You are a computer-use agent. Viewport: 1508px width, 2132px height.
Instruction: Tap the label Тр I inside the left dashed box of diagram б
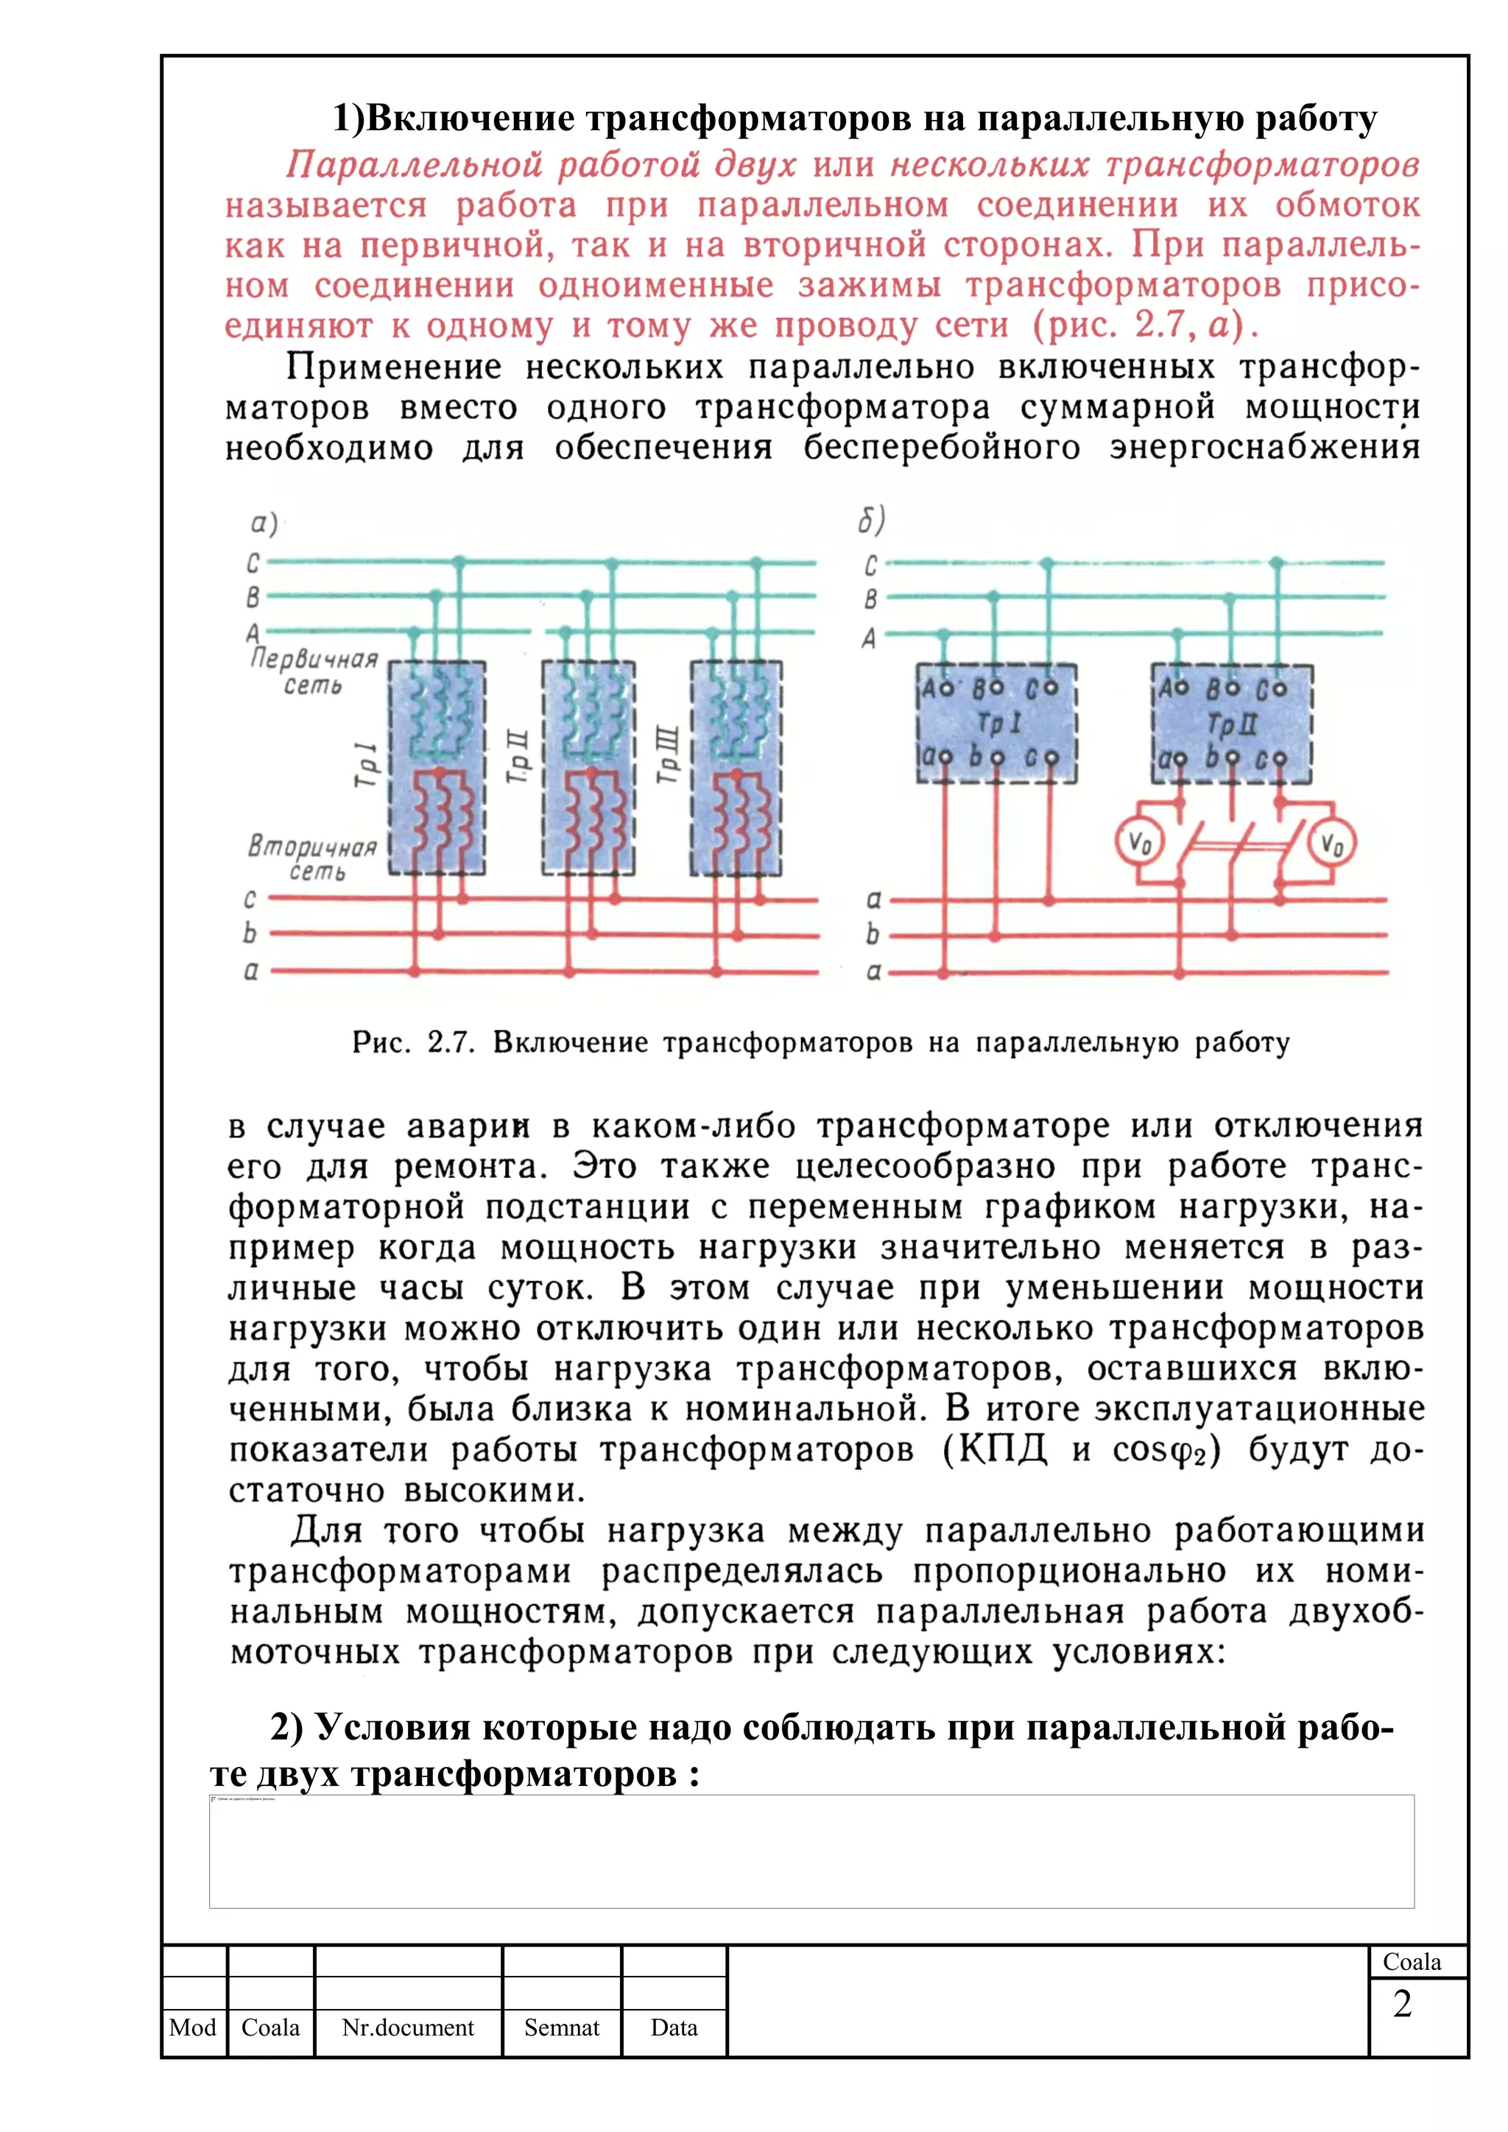coord(999,722)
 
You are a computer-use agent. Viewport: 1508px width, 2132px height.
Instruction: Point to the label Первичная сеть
coord(314,671)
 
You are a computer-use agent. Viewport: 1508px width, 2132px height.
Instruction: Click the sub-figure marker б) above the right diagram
coord(871,520)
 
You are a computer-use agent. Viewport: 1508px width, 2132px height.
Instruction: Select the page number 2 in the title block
coord(1402,2003)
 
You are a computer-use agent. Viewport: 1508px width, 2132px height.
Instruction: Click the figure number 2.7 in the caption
coord(451,1042)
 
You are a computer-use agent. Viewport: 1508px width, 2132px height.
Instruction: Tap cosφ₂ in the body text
coord(1166,1450)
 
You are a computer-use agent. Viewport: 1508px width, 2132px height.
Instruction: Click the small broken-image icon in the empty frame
coord(214,1799)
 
